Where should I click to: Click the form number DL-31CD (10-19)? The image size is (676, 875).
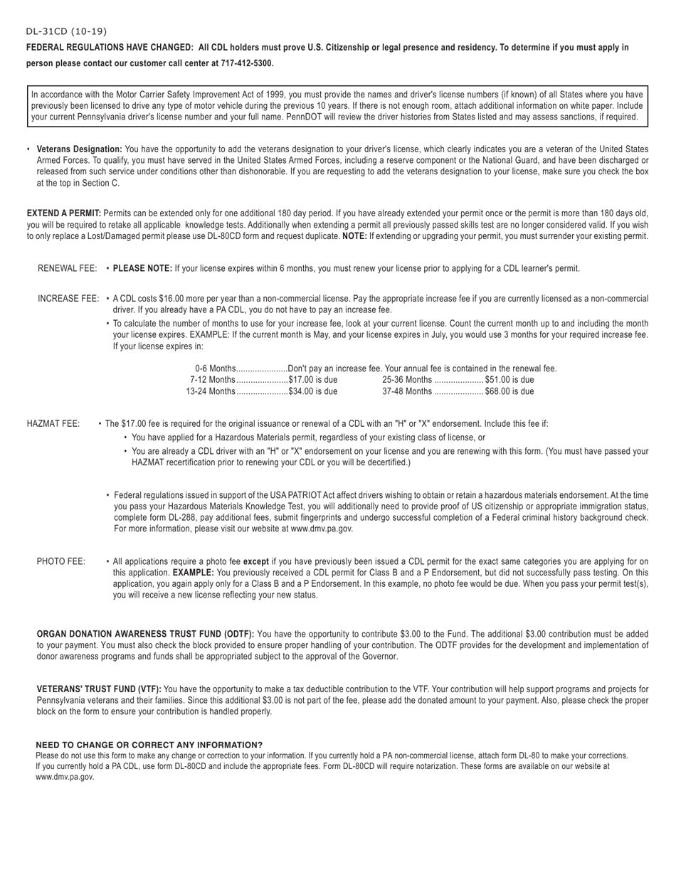pyautogui.click(x=66, y=31)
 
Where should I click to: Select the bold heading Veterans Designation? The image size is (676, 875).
pyautogui.click(x=79, y=149)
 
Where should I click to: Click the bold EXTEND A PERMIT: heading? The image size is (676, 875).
pyautogui.click(x=63, y=213)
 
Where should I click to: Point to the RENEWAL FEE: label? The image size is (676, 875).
pyautogui.click(x=67, y=269)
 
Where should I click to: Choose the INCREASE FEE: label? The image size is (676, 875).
pyautogui.click(x=68, y=299)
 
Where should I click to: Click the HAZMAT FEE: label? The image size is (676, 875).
pyautogui.click(x=53, y=424)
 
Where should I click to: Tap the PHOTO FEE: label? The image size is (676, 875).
pyautogui.click(x=60, y=561)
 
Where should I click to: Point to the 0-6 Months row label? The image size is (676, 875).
pyautogui.click(x=214, y=368)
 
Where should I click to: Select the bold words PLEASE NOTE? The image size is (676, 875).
pyautogui.click(x=142, y=269)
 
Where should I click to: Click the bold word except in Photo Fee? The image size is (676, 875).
pyautogui.click(x=255, y=561)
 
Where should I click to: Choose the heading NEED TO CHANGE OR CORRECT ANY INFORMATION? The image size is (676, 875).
pyautogui.click(x=149, y=745)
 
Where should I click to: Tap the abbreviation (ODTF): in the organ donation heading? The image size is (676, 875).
pyautogui.click(x=239, y=634)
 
